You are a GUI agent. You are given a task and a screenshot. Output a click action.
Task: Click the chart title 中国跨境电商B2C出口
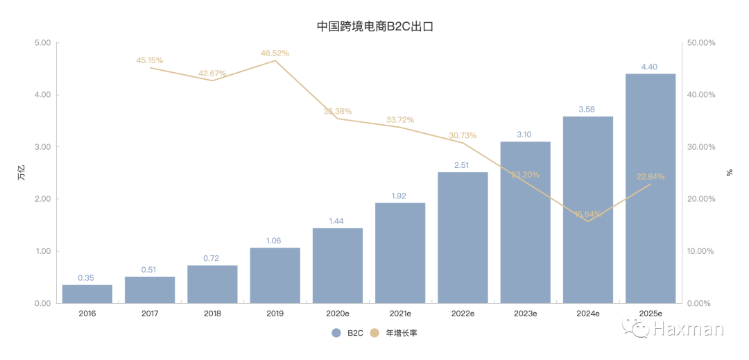pyautogui.click(x=374, y=27)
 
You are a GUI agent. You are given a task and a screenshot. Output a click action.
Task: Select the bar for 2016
pyautogui.click(x=87, y=293)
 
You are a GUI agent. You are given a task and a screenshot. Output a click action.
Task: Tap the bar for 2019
pyautogui.click(x=275, y=275)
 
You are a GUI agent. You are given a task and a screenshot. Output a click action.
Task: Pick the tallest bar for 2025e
pyautogui.click(x=650, y=188)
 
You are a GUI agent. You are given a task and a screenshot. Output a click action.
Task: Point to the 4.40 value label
pyautogui.click(x=650, y=67)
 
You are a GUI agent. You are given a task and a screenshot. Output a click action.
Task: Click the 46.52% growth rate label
pyautogui.click(x=275, y=53)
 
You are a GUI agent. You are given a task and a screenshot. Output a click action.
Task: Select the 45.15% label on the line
pyautogui.click(x=150, y=60)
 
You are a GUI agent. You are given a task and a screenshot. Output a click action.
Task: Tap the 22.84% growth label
pyautogui.click(x=650, y=176)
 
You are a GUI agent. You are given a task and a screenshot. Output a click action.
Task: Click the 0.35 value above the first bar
pyautogui.click(x=86, y=277)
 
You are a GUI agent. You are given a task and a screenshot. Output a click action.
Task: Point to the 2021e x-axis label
pyautogui.click(x=399, y=314)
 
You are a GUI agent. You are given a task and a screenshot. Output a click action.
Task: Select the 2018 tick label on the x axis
pyautogui.click(x=212, y=314)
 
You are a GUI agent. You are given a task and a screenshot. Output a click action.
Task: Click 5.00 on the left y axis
pyautogui.click(x=43, y=43)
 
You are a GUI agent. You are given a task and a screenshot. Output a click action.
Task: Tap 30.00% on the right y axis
pyautogui.click(x=701, y=147)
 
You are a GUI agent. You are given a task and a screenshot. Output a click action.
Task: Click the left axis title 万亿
pyautogui.click(x=21, y=173)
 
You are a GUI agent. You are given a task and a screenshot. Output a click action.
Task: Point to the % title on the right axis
pyautogui.click(x=730, y=173)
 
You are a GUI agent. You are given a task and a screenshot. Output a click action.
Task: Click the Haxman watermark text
pyautogui.click(x=688, y=327)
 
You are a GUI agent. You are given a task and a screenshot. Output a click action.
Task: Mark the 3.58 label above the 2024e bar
pyautogui.click(x=587, y=109)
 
